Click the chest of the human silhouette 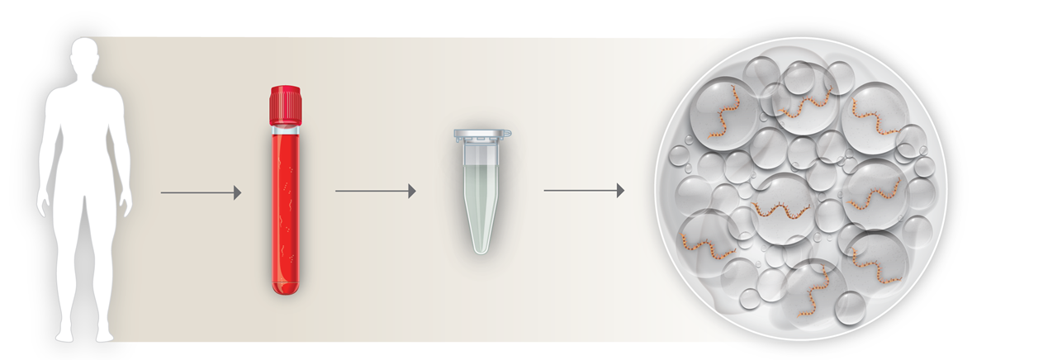point(83,116)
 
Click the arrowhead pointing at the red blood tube point(237,192)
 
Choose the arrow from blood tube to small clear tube point(374,192)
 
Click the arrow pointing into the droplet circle point(583,191)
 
